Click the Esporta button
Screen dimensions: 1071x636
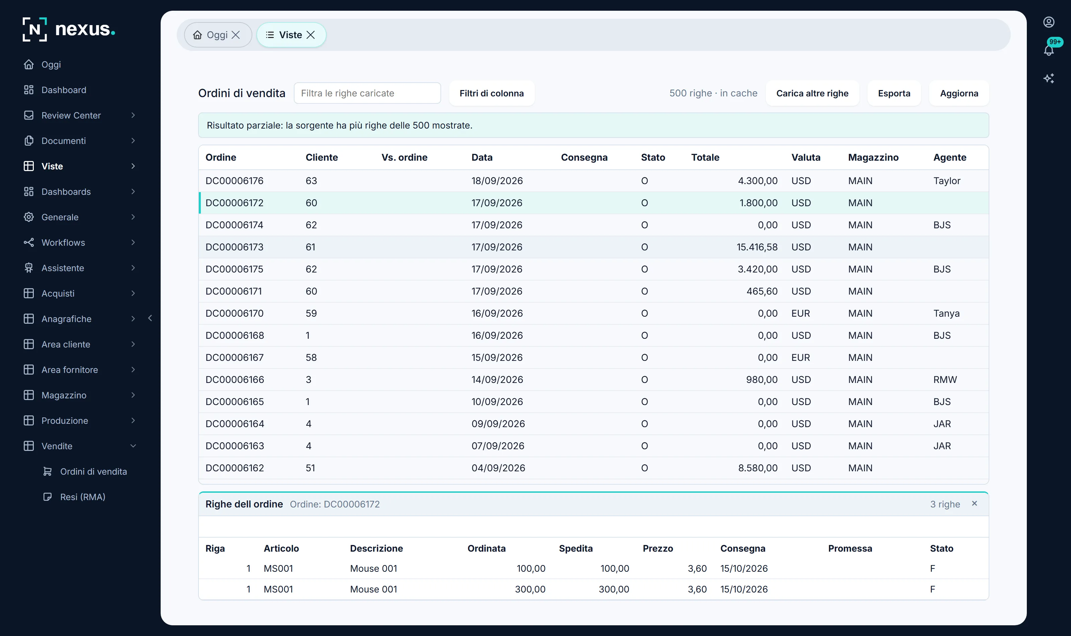894,93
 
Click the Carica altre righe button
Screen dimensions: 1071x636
812,93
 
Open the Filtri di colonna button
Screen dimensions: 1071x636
491,93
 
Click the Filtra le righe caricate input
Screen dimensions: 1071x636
367,93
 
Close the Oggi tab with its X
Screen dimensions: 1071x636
236,35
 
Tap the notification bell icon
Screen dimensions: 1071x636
1048,50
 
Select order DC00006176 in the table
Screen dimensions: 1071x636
234,181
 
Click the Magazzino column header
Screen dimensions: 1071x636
873,157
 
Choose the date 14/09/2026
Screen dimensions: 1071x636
497,380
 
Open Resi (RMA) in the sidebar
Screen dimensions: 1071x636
83,497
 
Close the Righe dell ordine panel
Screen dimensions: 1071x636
974,503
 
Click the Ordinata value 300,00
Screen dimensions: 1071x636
530,589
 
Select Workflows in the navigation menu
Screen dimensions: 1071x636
63,243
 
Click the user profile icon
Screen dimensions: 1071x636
1048,22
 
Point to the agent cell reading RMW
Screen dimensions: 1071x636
944,380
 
